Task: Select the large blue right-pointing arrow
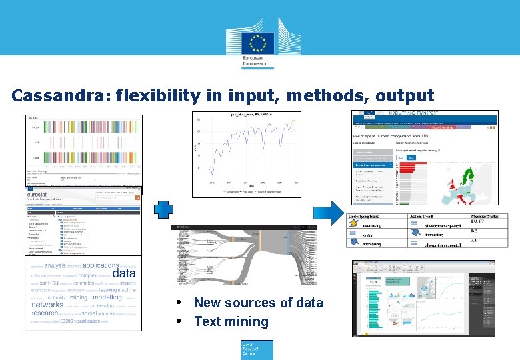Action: tap(327, 212)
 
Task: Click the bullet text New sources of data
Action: tap(258, 303)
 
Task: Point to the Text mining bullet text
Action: tap(231, 321)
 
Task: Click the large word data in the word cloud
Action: tap(124, 273)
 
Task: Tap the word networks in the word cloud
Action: tap(47, 304)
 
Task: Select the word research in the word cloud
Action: tap(45, 313)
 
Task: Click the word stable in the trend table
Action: tap(369, 235)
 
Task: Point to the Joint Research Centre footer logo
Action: tap(257, 349)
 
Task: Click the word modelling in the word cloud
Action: tap(107, 298)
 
